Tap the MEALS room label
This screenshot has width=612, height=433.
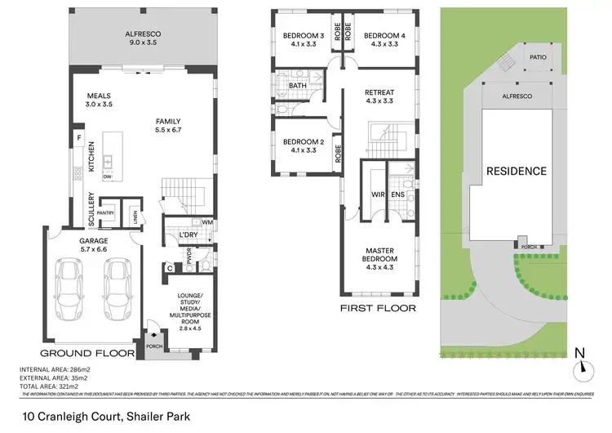99,96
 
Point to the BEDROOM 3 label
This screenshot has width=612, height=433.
303,36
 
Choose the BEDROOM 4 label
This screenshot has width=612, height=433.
384,36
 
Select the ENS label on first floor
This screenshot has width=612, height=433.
398,195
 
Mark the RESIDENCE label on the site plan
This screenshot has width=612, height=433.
516,172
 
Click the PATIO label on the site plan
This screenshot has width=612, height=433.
537,58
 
